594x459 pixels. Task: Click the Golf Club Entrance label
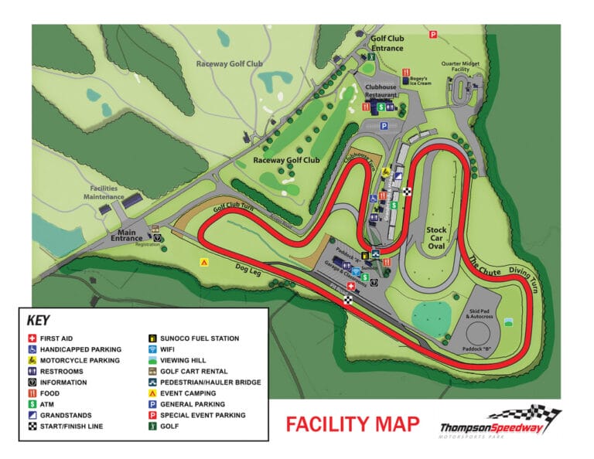pos(387,42)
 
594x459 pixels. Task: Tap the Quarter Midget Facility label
pos(462,66)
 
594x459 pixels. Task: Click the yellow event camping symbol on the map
pos(204,263)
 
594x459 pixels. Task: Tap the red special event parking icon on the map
pos(434,35)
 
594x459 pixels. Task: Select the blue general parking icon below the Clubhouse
pos(384,126)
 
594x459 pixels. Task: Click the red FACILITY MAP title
pos(353,424)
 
